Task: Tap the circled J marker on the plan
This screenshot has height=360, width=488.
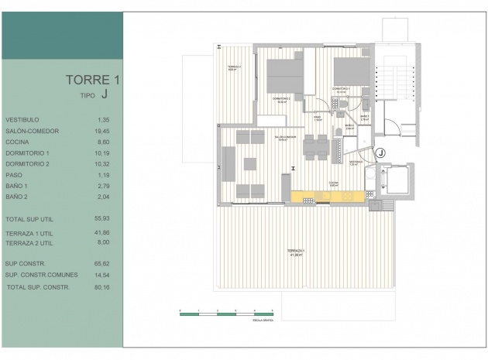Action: [x=380, y=153]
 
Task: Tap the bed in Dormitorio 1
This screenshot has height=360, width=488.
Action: [x=350, y=72]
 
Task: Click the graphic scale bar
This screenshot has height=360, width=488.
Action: [x=226, y=312]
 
